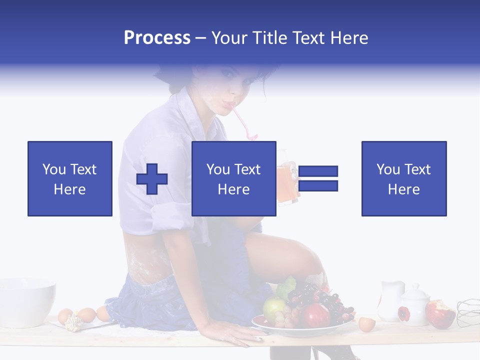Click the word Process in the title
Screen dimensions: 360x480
(x=157, y=38)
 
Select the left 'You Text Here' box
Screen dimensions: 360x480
(x=70, y=178)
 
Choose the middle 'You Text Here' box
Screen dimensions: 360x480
(x=234, y=178)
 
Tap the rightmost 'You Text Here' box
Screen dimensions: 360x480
(x=404, y=178)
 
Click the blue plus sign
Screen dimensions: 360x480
(x=152, y=179)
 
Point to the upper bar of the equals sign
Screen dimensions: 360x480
(x=318, y=171)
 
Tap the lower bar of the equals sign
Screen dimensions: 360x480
(x=318, y=186)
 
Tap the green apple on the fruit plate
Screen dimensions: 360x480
(x=273, y=307)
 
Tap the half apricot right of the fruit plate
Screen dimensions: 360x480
(x=366, y=324)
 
